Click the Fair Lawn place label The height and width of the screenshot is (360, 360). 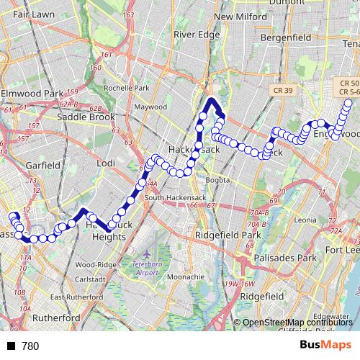pyautogui.click(x=29, y=14)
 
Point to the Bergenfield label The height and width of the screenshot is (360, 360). pyautogui.click(x=284, y=36)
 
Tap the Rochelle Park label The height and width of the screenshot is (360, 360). pyautogui.click(x=127, y=88)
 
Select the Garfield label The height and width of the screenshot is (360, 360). pyautogui.click(x=43, y=165)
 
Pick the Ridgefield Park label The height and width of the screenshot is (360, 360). pyautogui.click(x=230, y=235)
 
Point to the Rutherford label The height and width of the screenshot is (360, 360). pyautogui.click(x=55, y=318)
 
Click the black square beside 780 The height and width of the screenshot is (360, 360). pyautogui.click(x=11, y=346)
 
